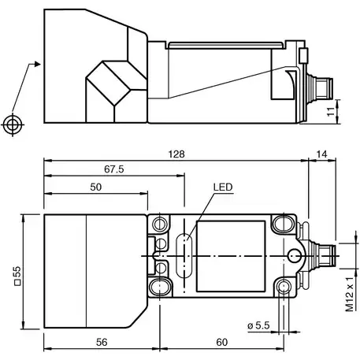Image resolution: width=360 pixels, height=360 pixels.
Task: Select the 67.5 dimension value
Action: click(113, 168)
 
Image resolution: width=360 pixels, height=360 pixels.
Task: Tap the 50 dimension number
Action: click(96, 187)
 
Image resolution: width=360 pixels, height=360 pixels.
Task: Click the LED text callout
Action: click(223, 187)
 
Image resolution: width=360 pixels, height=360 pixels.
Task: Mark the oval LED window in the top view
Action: click(186, 254)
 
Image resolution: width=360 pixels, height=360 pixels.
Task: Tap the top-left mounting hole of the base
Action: click(163, 224)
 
